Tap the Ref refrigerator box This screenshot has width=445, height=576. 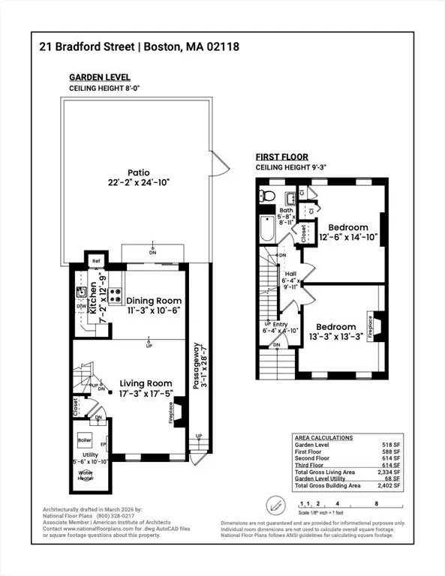pyautogui.click(x=95, y=262)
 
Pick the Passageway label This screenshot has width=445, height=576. pyautogui.click(x=195, y=360)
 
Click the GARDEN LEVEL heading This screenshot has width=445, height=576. pyautogui.click(x=100, y=77)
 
